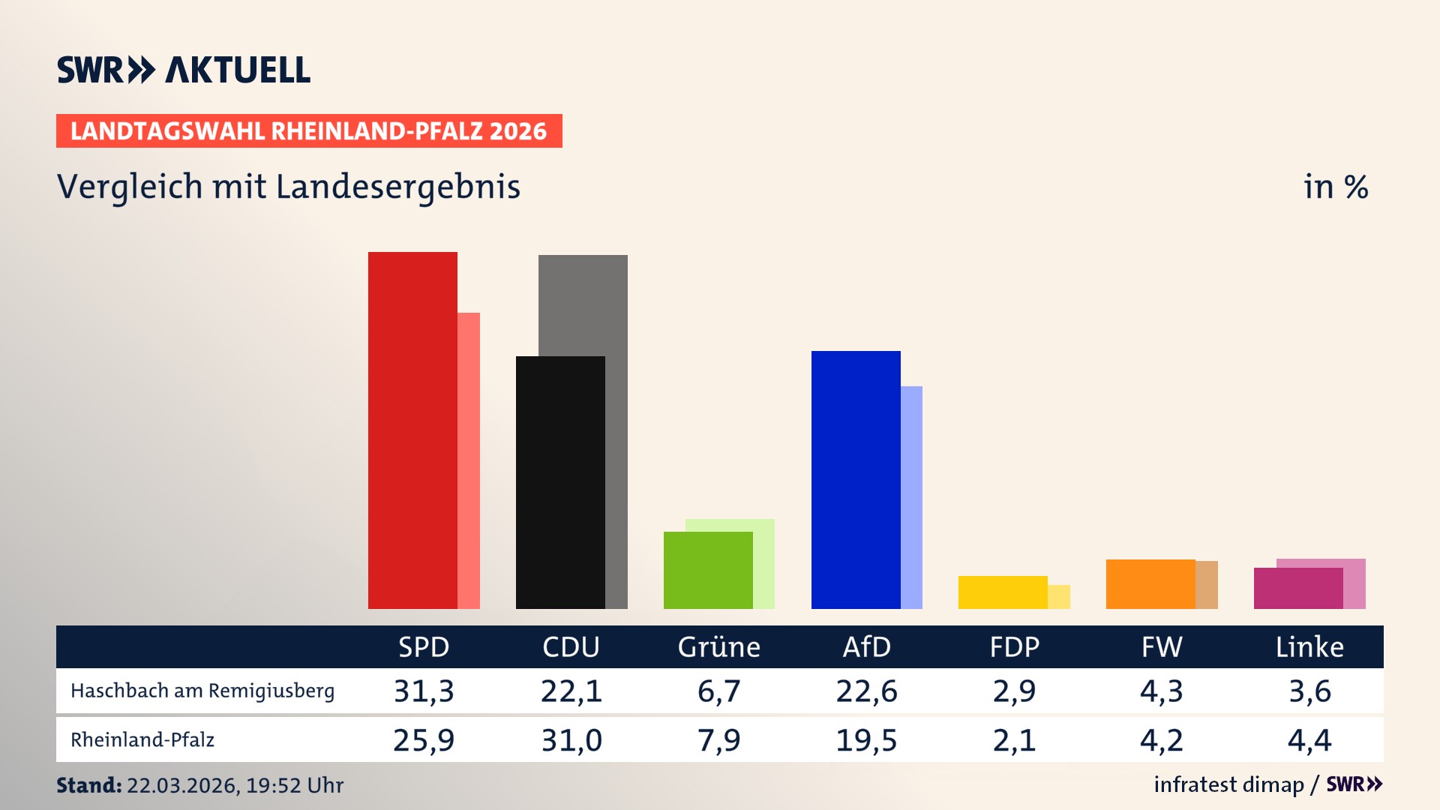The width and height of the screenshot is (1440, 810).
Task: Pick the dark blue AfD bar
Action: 856,479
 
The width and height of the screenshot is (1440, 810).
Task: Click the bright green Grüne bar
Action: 708,570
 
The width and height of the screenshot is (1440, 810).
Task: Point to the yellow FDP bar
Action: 1003,592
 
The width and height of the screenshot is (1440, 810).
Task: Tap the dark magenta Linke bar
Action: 1298,588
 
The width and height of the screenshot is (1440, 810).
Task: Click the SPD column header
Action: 424,646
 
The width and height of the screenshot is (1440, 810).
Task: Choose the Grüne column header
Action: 718,646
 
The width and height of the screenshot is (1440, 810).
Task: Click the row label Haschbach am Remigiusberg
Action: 202,691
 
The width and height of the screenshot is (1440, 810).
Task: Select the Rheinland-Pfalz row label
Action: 142,740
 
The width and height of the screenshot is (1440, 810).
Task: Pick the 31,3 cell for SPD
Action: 424,691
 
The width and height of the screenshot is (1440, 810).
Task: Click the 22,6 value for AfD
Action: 866,691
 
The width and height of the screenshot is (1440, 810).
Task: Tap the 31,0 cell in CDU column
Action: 571,740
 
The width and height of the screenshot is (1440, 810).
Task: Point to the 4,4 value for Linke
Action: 1309,740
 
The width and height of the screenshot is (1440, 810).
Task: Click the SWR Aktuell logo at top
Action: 184,70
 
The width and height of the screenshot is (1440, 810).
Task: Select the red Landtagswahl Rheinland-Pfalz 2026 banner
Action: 309,131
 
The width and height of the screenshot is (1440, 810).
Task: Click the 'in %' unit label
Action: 1335,187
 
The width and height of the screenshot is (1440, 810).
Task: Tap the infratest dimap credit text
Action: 1228,784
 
